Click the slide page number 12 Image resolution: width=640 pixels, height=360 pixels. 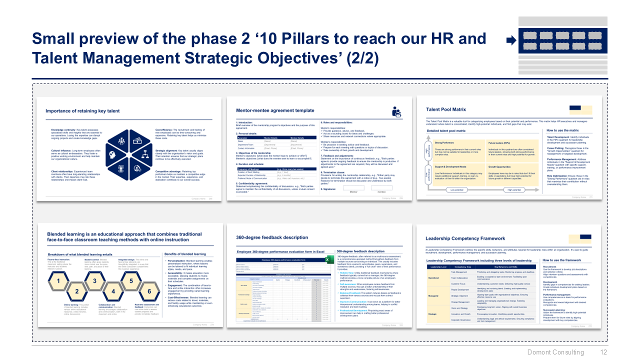point(603,352)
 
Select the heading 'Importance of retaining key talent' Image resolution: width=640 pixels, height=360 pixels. point(82,111)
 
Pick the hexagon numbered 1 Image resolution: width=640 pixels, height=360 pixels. point(59,281)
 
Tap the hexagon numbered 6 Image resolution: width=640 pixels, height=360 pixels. point(148,291)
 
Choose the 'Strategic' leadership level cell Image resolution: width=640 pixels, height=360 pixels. point(433,314)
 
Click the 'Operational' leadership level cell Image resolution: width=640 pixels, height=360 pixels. point(433,278)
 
